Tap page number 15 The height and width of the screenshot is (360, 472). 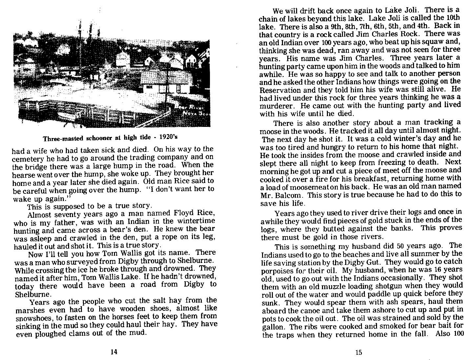tap(359, 352)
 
